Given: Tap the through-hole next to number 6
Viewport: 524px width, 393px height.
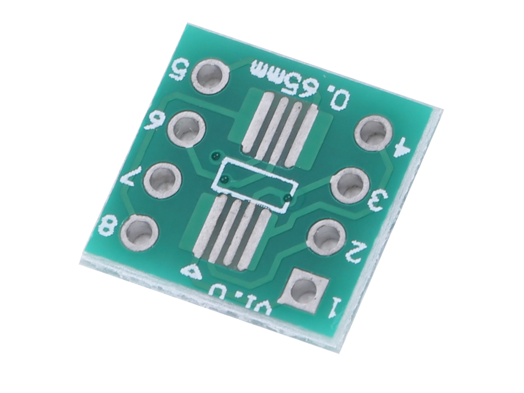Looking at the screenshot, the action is click(x=187, y=129).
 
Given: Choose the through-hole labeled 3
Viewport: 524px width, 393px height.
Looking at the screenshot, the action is click(x=350, y=186).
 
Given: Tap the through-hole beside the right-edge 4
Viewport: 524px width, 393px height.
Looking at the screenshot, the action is click(x=373, y=133).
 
